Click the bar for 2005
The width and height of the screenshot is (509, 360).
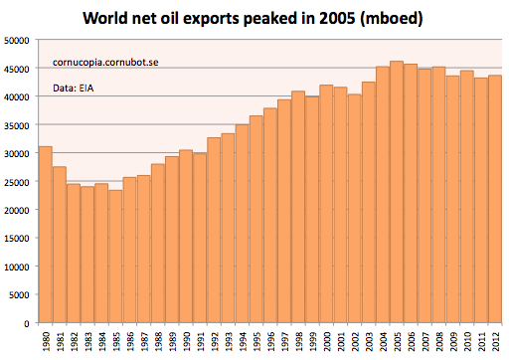(x=397, y=192)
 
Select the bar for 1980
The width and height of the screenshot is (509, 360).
(x=46, y=235)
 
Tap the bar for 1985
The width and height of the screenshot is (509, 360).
(x=115, y=257)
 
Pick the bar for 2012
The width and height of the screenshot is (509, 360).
(x=495, y=199)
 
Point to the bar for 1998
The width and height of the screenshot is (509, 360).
(x=298, y=207)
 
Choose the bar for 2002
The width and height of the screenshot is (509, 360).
(x=355, y=208)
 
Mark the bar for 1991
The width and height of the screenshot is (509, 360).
(x=200, y=238)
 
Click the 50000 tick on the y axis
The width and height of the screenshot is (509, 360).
(x=17, y=41)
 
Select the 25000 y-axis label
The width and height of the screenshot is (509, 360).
(x=17, y=182)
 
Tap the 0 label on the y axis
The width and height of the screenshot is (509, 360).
(x=27, y=323)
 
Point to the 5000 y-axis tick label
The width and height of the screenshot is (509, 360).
(x=19, y=295)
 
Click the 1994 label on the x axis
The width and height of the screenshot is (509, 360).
(x=243, y=341)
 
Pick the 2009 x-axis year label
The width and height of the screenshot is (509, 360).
(x=453, y=341)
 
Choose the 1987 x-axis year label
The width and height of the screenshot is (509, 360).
(x=144, y=341)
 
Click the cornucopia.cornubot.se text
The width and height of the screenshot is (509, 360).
(x=105, y=63)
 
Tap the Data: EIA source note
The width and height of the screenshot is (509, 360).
(x=74, y=89)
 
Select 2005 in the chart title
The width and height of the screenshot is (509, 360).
(x=337, y=18)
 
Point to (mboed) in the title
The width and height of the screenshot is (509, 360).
(x=392, y=19)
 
